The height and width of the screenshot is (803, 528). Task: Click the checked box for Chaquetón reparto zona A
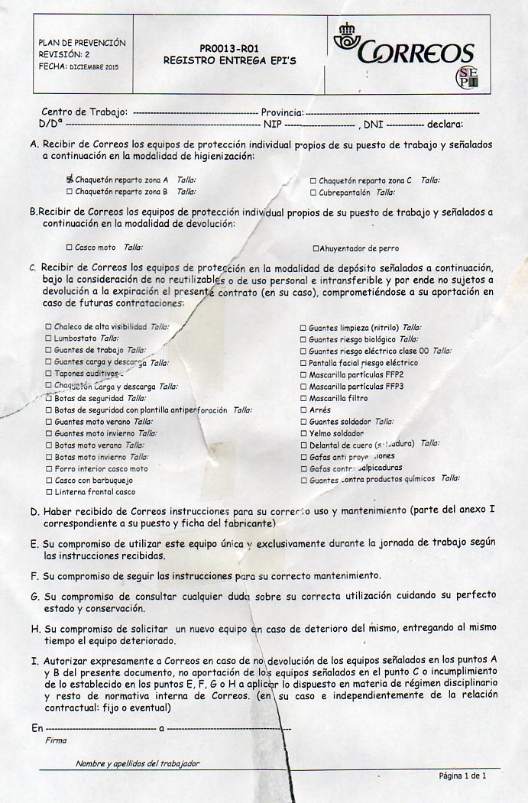[x=70, y=180]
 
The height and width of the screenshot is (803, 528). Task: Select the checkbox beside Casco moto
[x=70, y=248]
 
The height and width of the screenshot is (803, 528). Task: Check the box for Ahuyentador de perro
[x=316, y=248]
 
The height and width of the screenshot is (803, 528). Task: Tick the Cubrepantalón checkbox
[x=313, y=193]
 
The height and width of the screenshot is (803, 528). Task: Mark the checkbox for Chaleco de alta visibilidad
[x=48, y=327]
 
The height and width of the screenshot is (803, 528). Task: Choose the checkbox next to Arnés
[x=303, y=410]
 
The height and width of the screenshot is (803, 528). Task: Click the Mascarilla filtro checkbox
[x=303, y=399]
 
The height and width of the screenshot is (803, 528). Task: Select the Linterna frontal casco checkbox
[x=48, y=492]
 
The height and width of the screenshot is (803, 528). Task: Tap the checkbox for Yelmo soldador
[x=303, y=433]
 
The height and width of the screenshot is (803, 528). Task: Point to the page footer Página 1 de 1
[x=462, y=775]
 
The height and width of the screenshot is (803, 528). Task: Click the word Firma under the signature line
[x=56, y=740]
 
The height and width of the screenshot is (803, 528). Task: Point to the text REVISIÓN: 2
[x=64, y=54]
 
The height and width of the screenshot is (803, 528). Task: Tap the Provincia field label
[x=282, y=112]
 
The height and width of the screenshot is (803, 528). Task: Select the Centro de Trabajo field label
[x=84, y=112]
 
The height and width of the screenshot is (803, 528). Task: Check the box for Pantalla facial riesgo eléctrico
[x=303, y=363]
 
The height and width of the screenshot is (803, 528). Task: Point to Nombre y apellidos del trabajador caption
[x=138, y=763]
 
